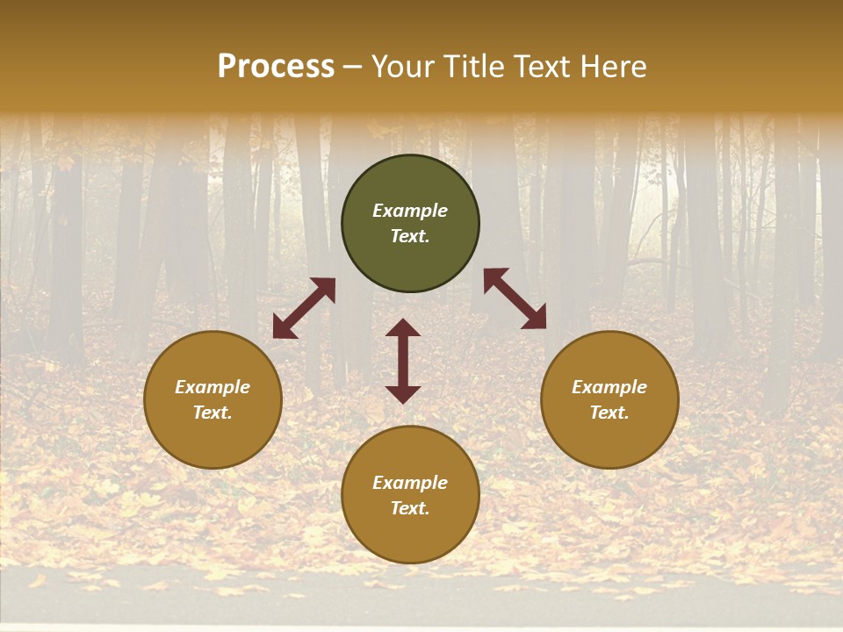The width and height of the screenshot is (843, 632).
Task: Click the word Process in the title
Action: (x=276, y=67)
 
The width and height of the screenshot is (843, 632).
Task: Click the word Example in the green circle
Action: (x=410, y=211)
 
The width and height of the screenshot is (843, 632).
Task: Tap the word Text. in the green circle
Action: (x=410, y=236)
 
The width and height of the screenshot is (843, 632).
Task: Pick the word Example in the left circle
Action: (x=213, y=387)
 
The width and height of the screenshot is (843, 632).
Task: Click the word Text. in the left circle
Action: (x=213, y=413)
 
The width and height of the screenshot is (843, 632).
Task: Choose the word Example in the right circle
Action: (x=609, y=387)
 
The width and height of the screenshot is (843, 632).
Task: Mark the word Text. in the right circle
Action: (x=609, y=413)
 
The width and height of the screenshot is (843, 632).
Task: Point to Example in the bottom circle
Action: (x=410, y=483)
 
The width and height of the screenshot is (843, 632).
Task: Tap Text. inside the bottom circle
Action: (x=410, y=508)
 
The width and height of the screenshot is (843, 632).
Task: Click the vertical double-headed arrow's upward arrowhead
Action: (x=403, y=328)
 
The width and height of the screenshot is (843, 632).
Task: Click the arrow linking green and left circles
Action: (x=304, y=308)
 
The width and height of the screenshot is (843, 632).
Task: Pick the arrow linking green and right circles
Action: (x=515, y=298)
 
